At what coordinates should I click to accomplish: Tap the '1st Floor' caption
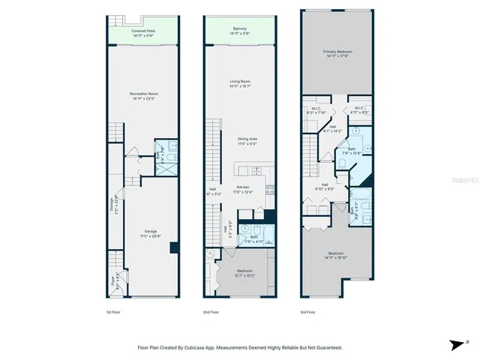coord(113,311)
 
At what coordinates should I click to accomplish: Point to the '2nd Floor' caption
coord(211,311)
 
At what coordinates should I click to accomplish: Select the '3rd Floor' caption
coord(308,311)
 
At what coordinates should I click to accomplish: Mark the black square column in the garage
coord(174,247)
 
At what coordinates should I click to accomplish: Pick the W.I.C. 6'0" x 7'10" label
coord(316,110)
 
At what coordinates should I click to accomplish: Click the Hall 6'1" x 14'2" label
coord(331,129)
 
